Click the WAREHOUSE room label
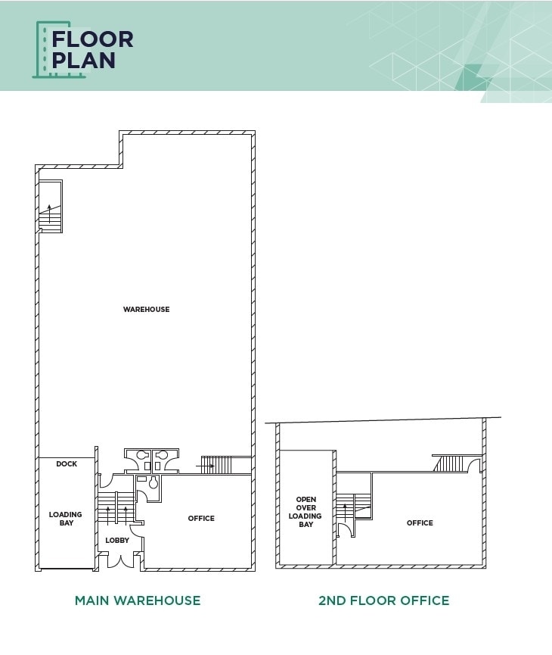pyautogui.click(x=147, y=309)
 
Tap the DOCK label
pyautogui.click(x=67, y=464)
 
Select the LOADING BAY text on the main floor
pyautogui.click(x=66, y=519)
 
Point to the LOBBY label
pyautogui.click(x=117, y=541)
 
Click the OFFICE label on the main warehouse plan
pyautogui.click(x=201, y=519)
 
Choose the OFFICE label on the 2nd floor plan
pyautogui.click(x=420, y=523)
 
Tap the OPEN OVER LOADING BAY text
pyautogui.click(x=305, y=512)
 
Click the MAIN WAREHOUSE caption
pyautogui.click(x=138, y=600)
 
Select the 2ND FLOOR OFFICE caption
pyautogui.click(x=383, y=600)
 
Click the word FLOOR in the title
pyautogui.click(x=92, y=39)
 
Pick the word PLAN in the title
pyautogui.click(x=83, y=61)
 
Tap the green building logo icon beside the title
pyautogui.click(x=44, y=49)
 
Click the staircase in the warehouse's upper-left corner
pyautogui.click(x=50, y=207)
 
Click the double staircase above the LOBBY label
pyautogui.click(x=116, y=508)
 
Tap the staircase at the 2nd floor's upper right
pyautogui.click(x=448, y=463)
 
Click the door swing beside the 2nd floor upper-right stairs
pyautogui.click(x=476, y=466)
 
